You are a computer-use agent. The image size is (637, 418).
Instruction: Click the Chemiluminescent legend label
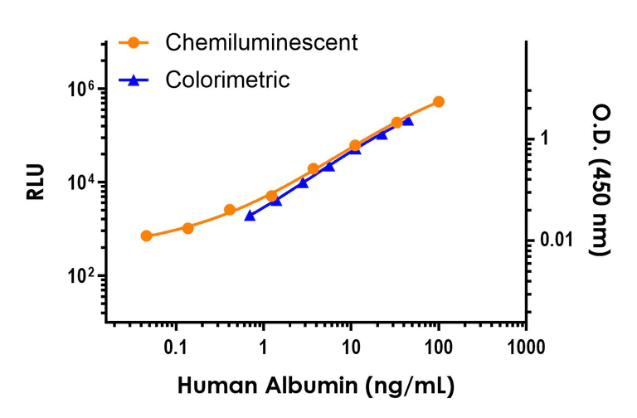(x=261, y=42)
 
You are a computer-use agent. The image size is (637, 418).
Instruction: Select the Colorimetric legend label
(x=227, y=80)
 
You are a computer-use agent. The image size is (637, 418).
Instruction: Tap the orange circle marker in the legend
(x=132, y=42)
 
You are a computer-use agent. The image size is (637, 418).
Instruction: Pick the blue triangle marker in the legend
(x=132, y=80)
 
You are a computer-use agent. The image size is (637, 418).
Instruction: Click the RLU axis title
(x=36, y=182)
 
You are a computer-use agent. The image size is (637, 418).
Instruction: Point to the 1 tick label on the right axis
(x=545, y=139)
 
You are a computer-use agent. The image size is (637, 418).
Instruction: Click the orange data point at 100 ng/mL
(x=439, y=101)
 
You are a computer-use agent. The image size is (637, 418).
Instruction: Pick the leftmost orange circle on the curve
(x=146, y=236)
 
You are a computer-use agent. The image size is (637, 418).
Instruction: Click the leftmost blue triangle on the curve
(x=250, y=216)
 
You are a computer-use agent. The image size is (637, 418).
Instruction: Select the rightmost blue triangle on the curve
(x=407, y=121)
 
